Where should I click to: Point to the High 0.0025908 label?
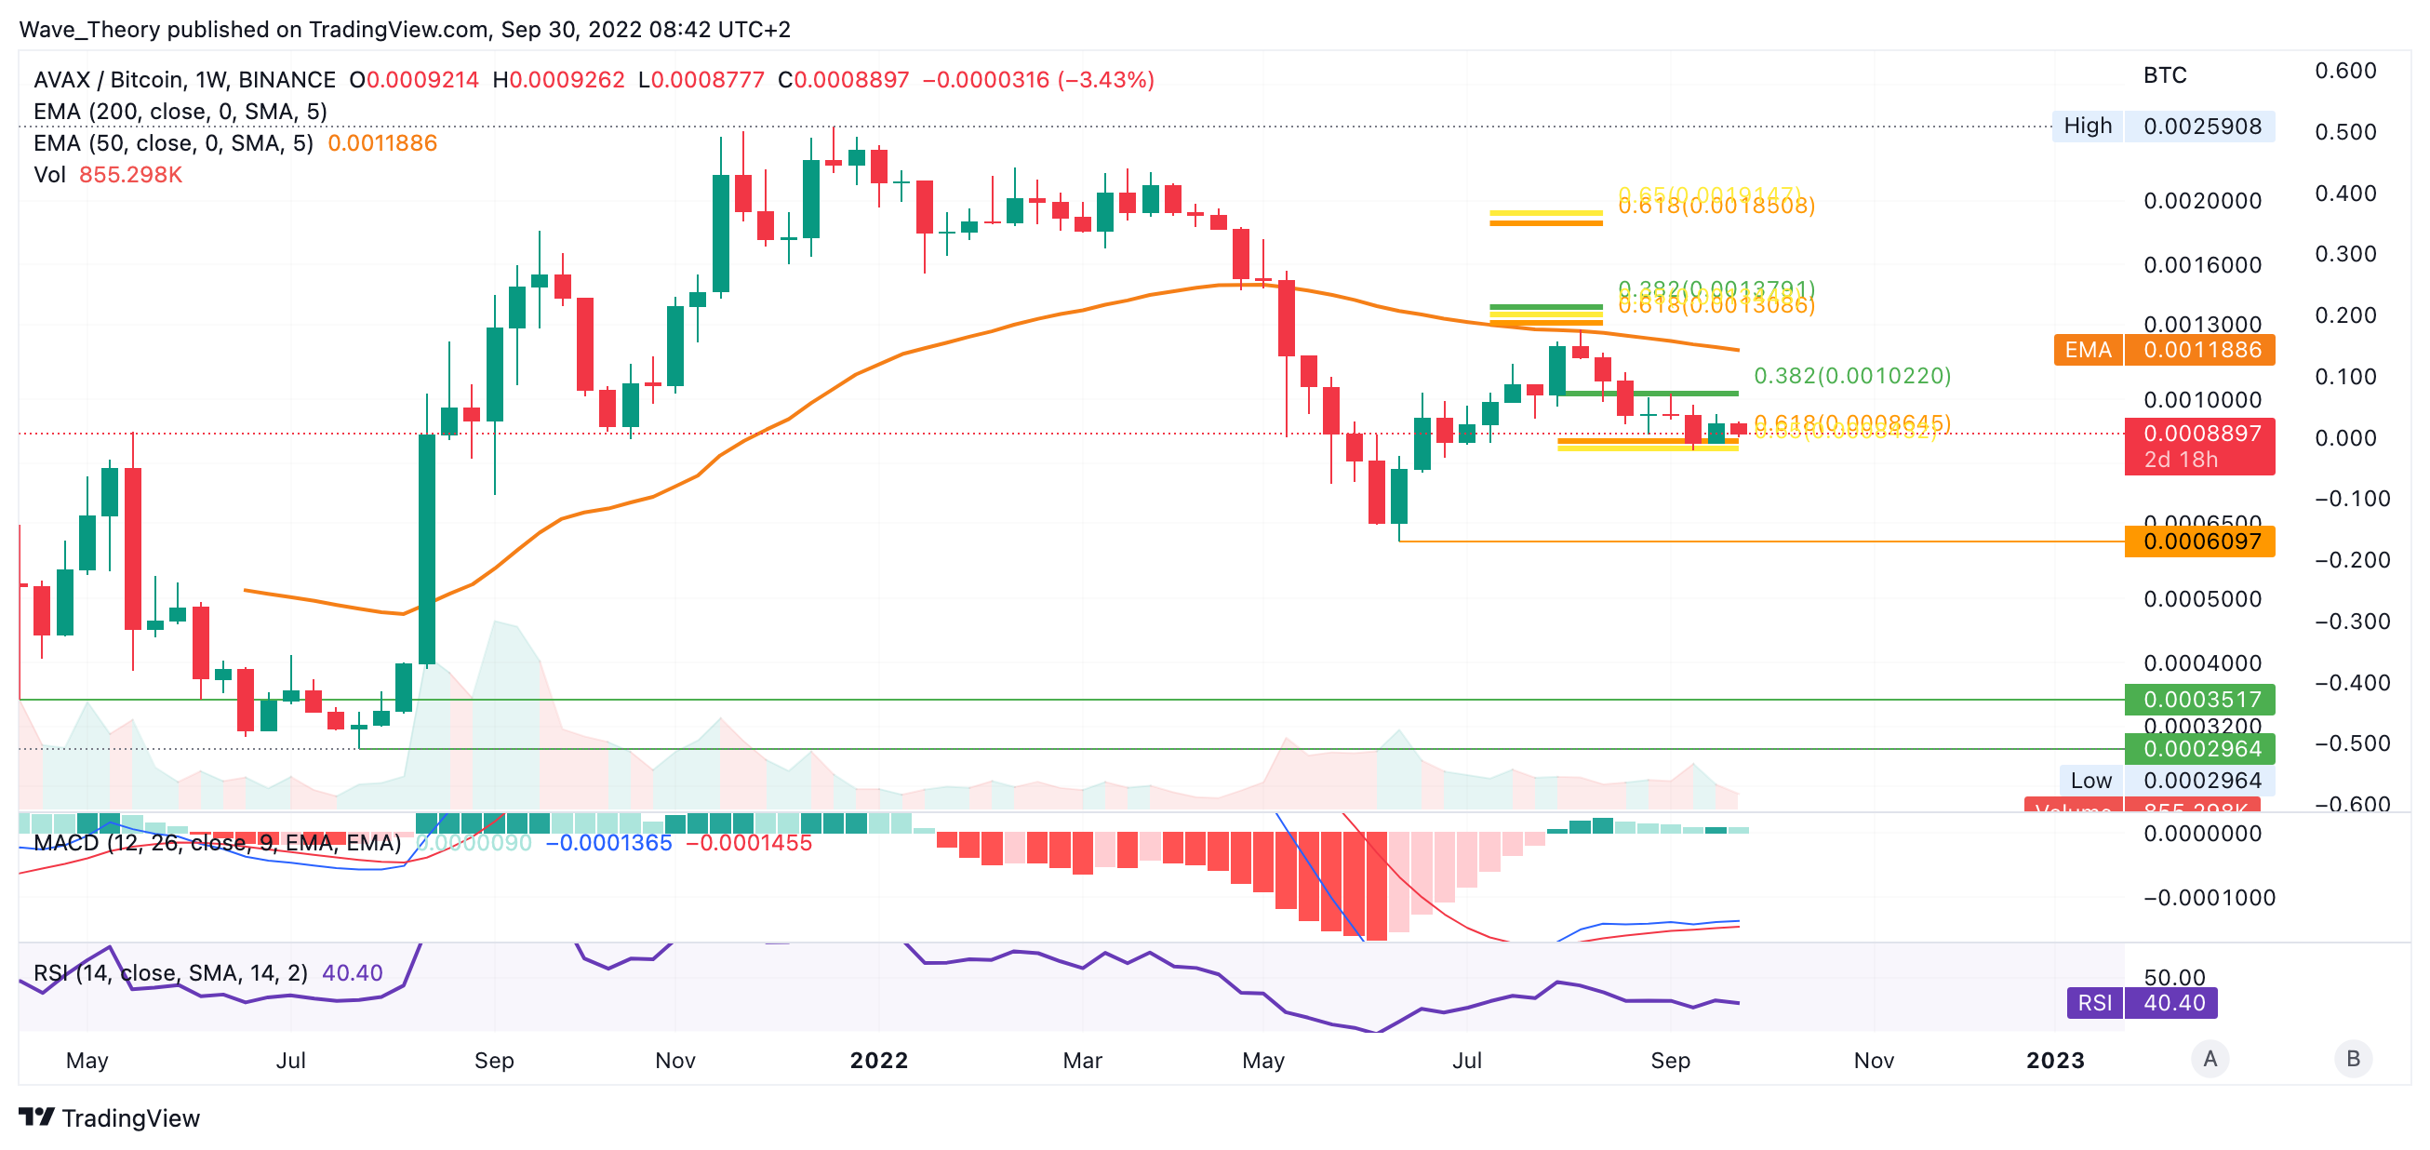coord(2162,127)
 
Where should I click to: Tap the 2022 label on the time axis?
coord(878,1061)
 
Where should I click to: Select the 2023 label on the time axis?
coord(2054,1061)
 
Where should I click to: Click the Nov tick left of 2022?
coord(675,1061)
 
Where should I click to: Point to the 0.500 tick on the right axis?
coord(2345,132)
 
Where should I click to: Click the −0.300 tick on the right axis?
coord(2352,622)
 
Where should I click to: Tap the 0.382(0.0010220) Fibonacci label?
coord(1851,376)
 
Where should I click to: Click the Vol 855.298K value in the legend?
coord(130,176)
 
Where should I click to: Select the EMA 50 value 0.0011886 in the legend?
coord(382,143)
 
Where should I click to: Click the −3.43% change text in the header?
coord(1105,80)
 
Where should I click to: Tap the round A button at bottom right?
coord(2210,1059)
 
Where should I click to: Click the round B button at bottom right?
coord(2353,1059)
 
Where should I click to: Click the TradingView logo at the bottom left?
coord(110,1118)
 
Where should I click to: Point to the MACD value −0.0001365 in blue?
coord(609,842)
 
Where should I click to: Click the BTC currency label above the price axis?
coord(2164,75)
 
